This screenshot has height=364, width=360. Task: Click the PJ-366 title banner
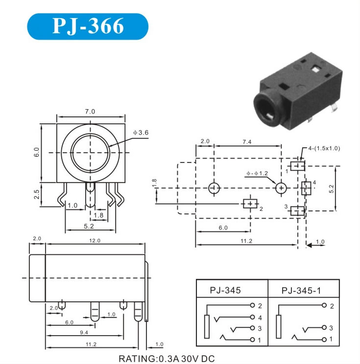[x=88, y=26]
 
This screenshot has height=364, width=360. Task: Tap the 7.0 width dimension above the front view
[x=90, y=112]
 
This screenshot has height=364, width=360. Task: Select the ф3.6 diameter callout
[x=141, y=133]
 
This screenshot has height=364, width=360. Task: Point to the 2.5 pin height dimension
[x=37, y=194]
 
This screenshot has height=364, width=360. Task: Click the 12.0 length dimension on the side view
[x=95, y=241]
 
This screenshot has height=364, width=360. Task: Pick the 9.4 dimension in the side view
[x=84, y=332]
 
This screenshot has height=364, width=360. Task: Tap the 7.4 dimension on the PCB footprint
[x=247, y=141]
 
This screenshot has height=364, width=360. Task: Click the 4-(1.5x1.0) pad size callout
[x=324, y=148]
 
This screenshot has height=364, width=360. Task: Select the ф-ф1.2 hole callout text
[x=257, y=173]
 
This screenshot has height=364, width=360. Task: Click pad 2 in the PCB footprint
[x=250, y=204]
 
